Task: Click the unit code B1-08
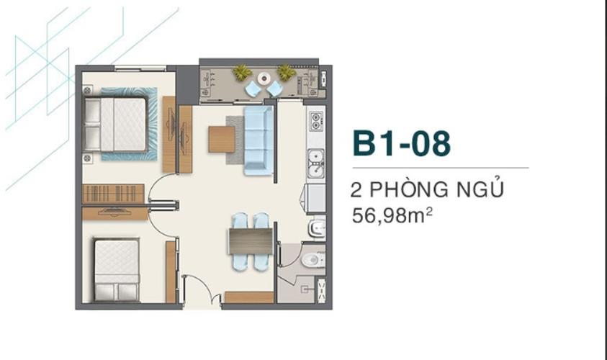[401, 143]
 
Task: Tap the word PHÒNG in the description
[413, 190]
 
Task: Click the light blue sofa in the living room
[258, 140]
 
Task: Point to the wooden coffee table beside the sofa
[222, 139]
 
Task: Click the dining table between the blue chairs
[250, 241]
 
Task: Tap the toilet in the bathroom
[310, 260]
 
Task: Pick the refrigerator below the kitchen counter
[315, 198]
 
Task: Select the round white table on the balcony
[264, 78]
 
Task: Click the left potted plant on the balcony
[242, 73]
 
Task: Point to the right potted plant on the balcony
[286, 73]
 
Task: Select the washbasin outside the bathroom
[316, 229]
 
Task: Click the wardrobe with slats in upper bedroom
[113, 194]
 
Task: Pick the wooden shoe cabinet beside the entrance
[248, 297]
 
